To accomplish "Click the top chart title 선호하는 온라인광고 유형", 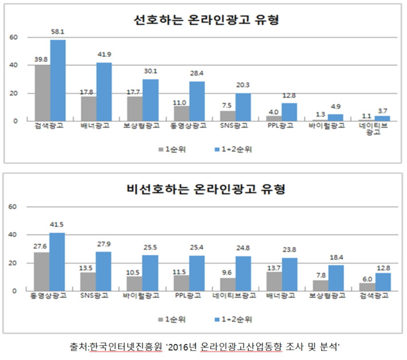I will [206, 20].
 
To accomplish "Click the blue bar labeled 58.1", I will [58, 80].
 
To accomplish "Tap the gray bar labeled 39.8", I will [42, 93].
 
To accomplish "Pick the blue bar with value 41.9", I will [104, 91].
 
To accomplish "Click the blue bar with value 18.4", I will [336, 277].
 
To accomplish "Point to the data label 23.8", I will [290, 251].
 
